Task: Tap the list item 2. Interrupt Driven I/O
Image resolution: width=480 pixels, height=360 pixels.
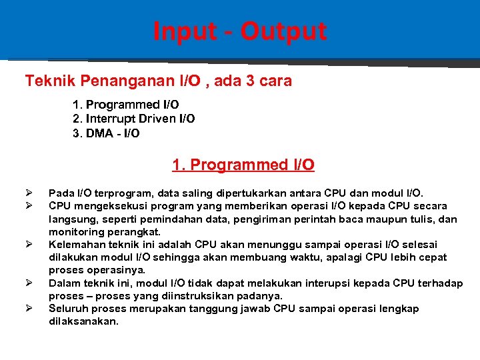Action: click(133, 119)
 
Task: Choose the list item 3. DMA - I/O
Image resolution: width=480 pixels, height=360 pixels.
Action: click(106, 133)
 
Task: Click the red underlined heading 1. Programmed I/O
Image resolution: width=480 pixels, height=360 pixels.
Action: click(243, 165)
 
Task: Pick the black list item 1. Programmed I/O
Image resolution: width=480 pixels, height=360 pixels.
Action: click(125, 105)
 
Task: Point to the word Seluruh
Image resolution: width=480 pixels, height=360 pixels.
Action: click(69, 309)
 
